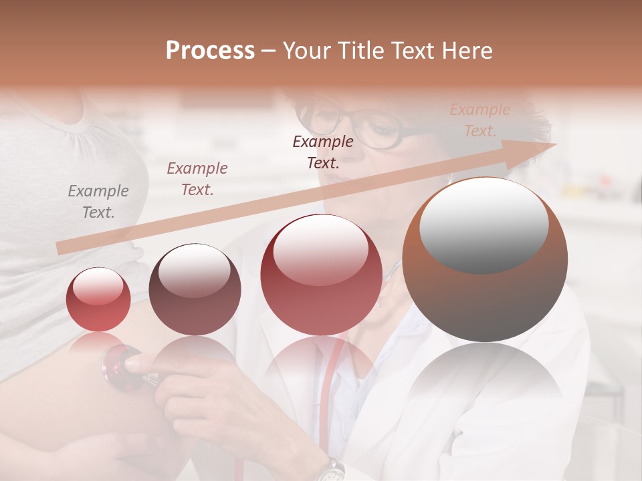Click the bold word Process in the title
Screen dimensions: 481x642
point(210,51)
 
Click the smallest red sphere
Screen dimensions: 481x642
point(99,299)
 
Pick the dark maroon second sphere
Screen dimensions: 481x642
point(195,289)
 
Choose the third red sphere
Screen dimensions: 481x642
point(321,275)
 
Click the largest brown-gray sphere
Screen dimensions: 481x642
point(485,260)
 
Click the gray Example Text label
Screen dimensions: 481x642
point(98,202)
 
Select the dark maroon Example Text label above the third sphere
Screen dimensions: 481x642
point(323,152)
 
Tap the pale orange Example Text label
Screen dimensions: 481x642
point(479,120)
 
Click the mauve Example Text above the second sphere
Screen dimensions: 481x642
point(197,178)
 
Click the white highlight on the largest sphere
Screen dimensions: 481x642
point(484,226)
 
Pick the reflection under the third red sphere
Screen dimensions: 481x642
point(321,367)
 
